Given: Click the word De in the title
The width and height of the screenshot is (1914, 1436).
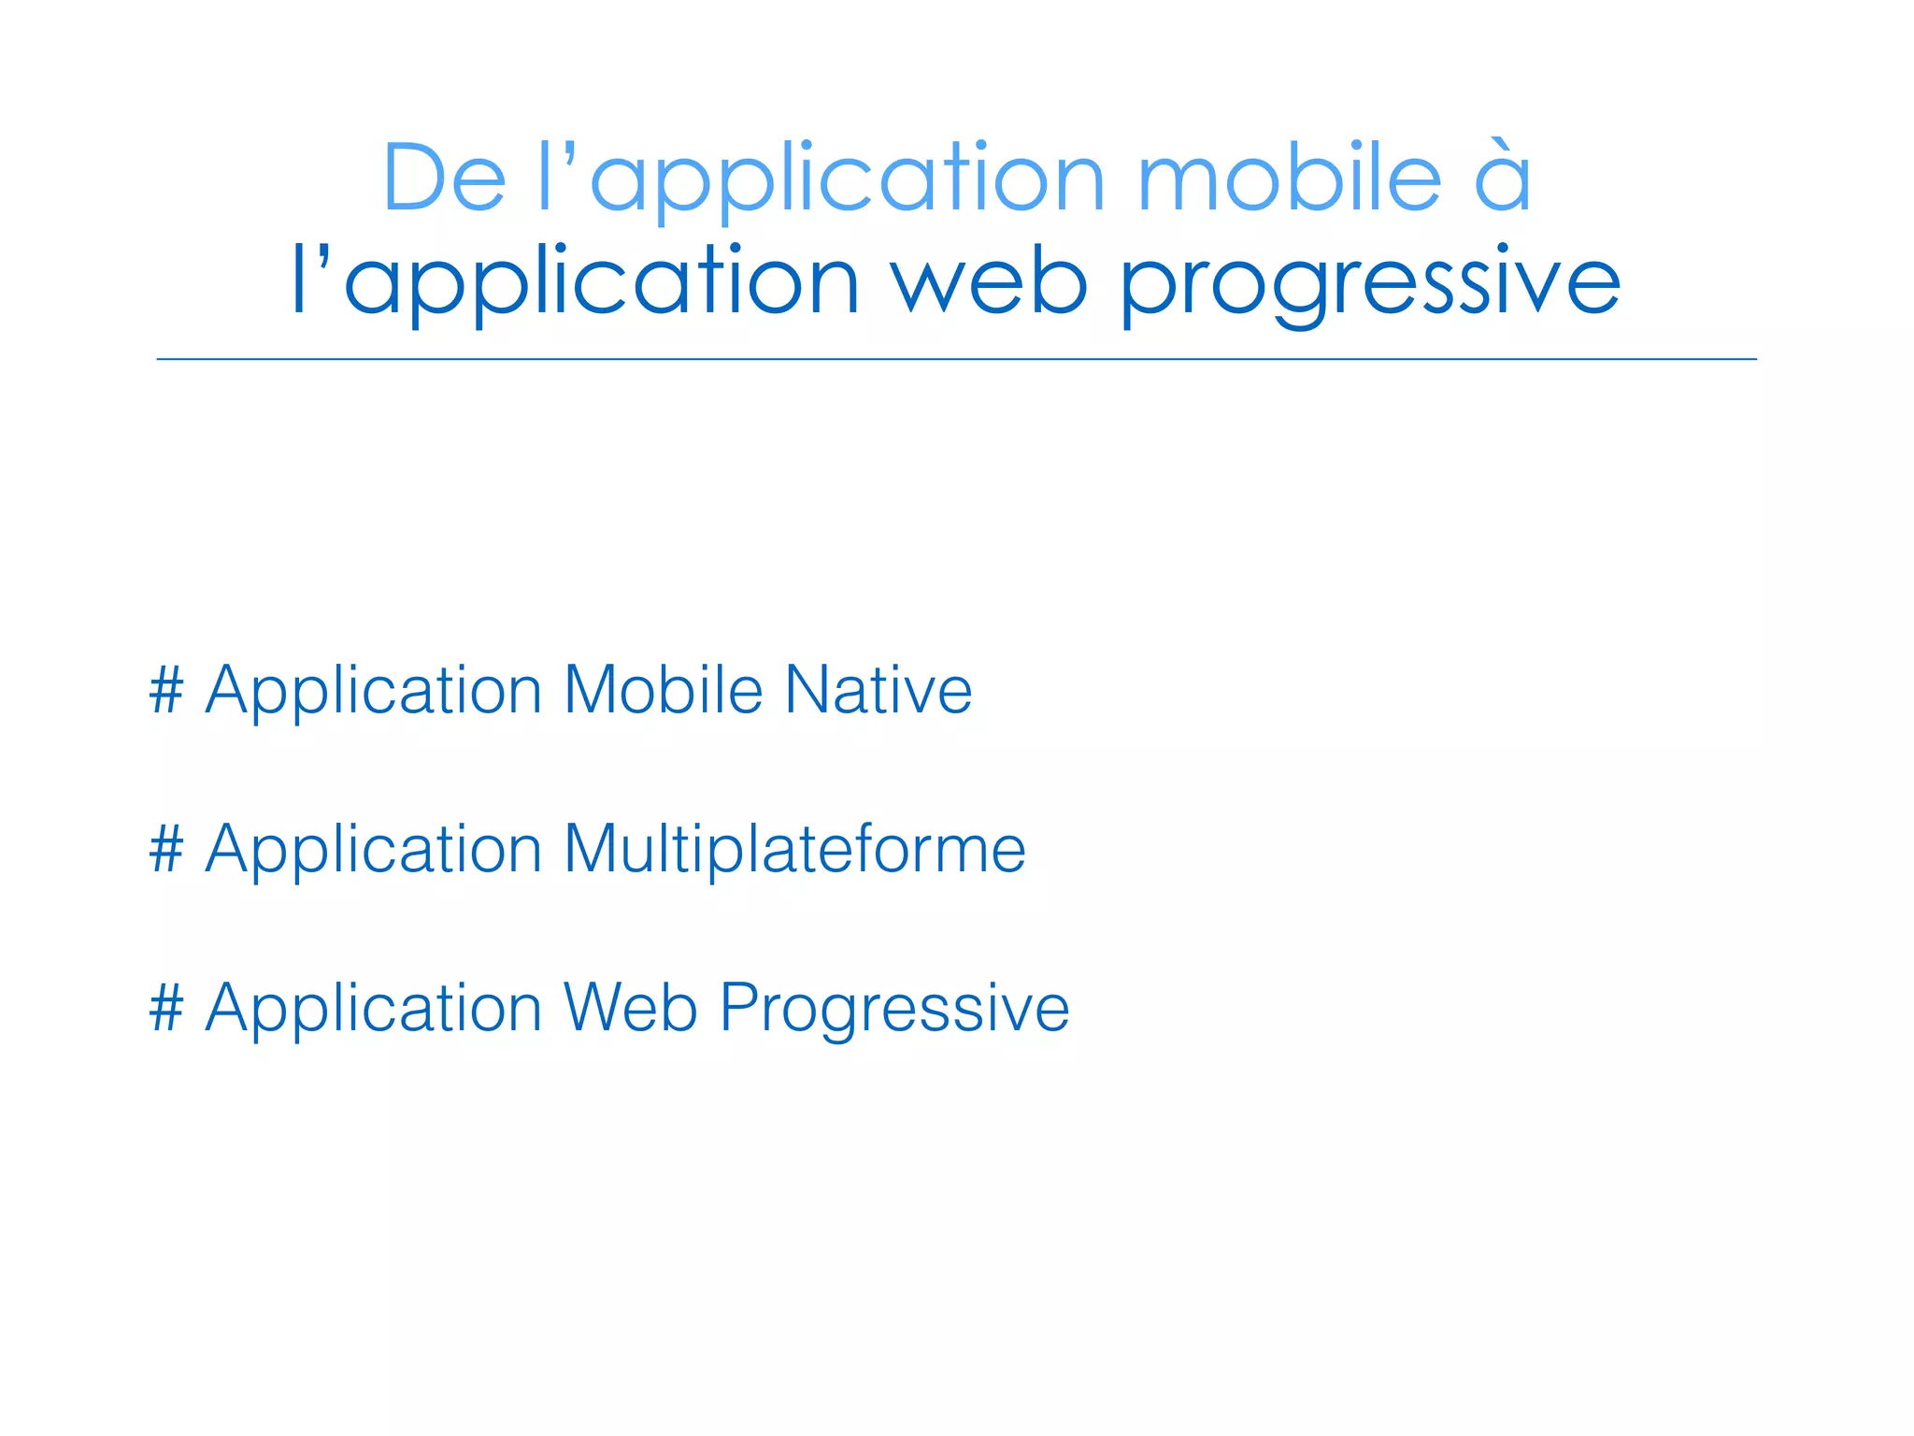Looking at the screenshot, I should tap(444, 178).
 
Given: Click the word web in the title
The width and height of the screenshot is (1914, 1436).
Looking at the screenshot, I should tap(989, 280).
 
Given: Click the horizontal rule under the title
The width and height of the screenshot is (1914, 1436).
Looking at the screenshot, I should tap(957, 359).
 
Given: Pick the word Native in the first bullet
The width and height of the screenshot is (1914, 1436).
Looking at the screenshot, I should tap(878, 690).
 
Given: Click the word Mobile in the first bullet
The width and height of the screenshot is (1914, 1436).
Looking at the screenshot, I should tap(664, 690).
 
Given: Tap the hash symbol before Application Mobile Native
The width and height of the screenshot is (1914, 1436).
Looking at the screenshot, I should tap(166, 690).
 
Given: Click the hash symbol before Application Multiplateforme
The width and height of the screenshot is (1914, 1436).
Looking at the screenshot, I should tap(166, 849).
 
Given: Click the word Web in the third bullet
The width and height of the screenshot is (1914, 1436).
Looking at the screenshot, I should tap(631, 1008).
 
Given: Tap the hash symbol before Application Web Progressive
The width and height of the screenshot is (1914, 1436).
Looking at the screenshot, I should tap(166, 1008).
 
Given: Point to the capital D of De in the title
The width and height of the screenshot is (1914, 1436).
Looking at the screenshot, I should tap(411, 178).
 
